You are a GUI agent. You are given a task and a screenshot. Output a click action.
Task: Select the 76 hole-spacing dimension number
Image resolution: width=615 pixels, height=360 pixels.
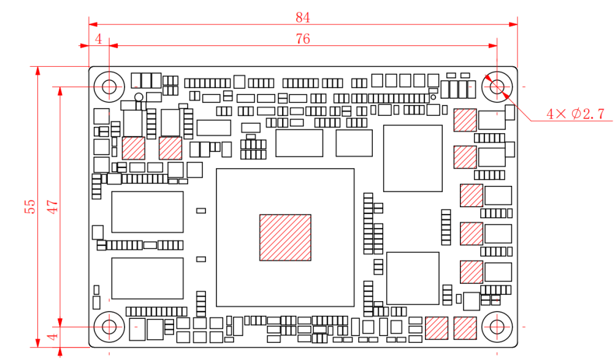click(x=303, y=39)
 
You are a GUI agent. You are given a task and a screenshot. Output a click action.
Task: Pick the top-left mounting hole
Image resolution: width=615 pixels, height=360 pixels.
click(x=109, y=86)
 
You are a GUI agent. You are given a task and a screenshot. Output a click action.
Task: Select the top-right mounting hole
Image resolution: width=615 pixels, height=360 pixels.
click(x=497, y=86)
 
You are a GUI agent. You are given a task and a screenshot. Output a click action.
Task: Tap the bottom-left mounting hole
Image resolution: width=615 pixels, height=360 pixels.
click(x=109, y=326)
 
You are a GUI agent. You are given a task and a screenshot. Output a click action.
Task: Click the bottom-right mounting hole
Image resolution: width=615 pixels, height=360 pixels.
click(x=497, y=326)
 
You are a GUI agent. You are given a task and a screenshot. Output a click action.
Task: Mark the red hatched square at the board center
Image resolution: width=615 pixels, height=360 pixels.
click(x=285, y=237)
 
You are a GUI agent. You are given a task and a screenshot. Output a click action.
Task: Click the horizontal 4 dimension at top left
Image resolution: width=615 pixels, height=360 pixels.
click(x=99, y=39)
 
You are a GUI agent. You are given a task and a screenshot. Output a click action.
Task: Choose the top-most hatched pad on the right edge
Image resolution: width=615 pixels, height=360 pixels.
click(x=465, y=120)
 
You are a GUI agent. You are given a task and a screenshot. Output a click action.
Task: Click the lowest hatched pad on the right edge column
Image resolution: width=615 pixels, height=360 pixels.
click(x=472, y=272)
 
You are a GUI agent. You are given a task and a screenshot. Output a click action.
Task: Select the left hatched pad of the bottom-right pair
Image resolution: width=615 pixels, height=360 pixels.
click(x=437, y=327)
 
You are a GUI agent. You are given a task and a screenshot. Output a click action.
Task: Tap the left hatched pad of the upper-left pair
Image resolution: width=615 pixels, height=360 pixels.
click(x=134, y=148)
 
